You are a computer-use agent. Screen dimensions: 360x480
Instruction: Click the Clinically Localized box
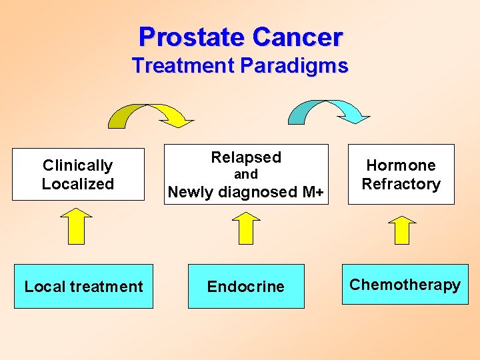(x=78, y=175)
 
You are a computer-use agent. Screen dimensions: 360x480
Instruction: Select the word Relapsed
(x=246, y=157)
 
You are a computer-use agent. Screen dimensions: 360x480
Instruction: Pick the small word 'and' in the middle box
(x=245, y=175)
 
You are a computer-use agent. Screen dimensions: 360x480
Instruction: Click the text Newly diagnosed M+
(x=245, y=192)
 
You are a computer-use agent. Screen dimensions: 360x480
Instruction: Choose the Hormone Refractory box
(x=401, y=175)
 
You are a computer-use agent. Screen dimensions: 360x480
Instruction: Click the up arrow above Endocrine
(x=246, y=228)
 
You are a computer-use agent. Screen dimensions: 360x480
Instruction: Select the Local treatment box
(x=83, y=287)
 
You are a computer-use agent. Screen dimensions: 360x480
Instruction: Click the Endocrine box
(x=245, y=287)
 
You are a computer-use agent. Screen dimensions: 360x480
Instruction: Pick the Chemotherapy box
(x=405, y=285)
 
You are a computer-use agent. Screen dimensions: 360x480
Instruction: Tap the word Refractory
(x=401, y=184)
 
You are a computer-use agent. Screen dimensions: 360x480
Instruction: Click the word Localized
(x=78, y=184)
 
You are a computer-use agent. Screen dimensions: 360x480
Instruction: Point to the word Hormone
(x=401, y=165)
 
